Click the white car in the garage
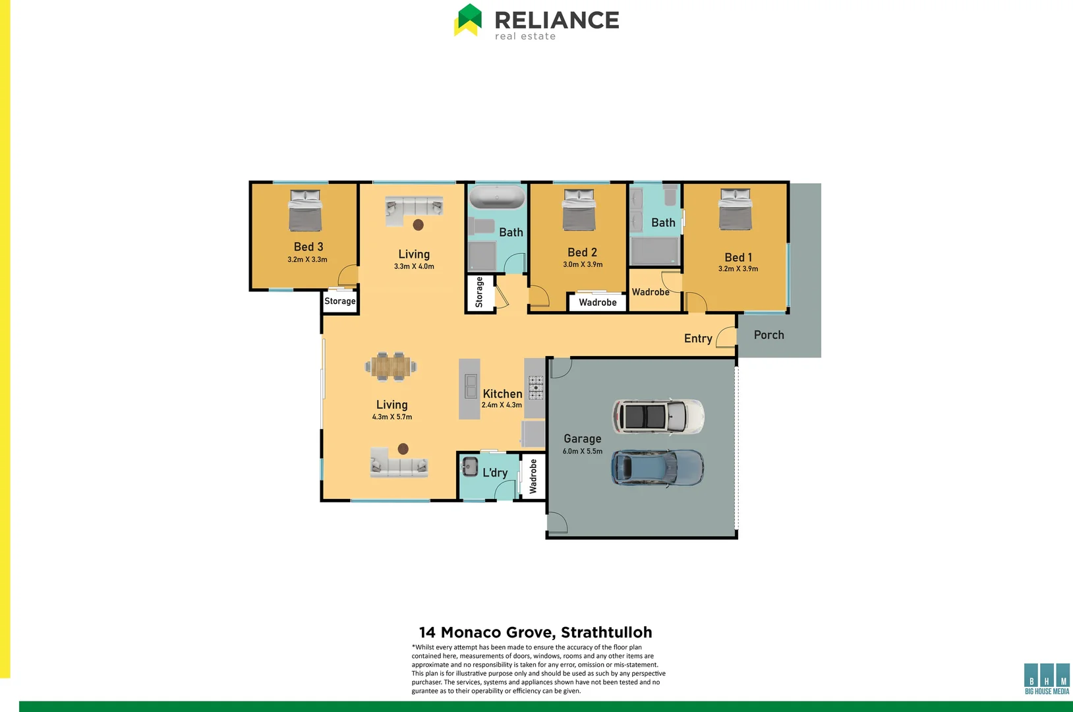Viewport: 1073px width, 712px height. pos(658,417)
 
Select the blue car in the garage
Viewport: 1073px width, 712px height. pos(657,467)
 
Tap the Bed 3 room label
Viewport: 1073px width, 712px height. pos(308,247)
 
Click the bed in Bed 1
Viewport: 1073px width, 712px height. pos(735,210)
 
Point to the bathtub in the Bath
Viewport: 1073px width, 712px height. pos(496,196)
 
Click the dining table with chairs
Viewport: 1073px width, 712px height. pos(391,367)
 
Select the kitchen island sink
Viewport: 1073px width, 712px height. pos(471,386)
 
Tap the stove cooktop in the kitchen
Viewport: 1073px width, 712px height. pos(536,388)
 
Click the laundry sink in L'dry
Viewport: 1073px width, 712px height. pos(469,466)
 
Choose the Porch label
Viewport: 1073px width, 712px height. pos(768,335)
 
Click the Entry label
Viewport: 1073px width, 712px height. pos(698,338)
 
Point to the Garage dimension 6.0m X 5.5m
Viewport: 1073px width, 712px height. pos(582,452)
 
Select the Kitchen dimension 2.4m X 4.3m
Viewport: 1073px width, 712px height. pos(502,405)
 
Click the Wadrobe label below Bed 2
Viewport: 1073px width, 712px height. pos(597,303)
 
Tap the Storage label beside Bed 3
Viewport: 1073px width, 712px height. pos(339,301)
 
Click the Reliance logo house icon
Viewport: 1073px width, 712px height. pos(468,20)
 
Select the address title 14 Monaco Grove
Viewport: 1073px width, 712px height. pos(535,632)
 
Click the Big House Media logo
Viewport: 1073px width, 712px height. pos(1047,679)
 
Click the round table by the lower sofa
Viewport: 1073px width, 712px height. pos(403,449)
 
